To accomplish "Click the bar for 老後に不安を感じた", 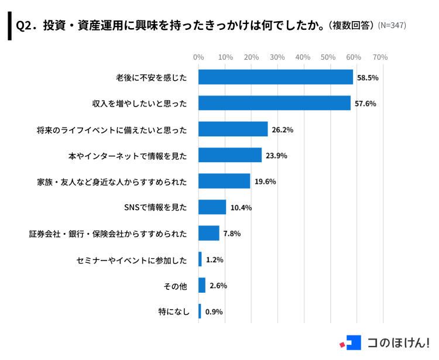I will click(x=276, y=77).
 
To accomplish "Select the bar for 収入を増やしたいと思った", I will click(x=275, y=103).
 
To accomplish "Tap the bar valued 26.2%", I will click(x=233, y=129).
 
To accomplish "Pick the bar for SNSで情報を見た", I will click(x=212, y=207).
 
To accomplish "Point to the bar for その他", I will click(x=202, y=286).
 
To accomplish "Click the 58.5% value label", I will click(x=368, y=77).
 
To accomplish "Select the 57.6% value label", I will click(x=365, y=104).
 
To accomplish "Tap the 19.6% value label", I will click(x=265, y=181).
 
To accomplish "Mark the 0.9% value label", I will click(x=214, y=311).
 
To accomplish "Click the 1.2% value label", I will click(x=215, y=259).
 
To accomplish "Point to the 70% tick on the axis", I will click(x=380, y=57).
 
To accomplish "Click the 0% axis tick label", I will click(x=198, y=57).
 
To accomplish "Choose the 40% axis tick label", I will click(x=303, y=57).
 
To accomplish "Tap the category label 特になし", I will click(x=174, y=311).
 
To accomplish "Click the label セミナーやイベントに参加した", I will click(x=132, y=259).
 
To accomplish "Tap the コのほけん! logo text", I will click(x=398, y=342).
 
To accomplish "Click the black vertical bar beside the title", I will click(x=9, y=26).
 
